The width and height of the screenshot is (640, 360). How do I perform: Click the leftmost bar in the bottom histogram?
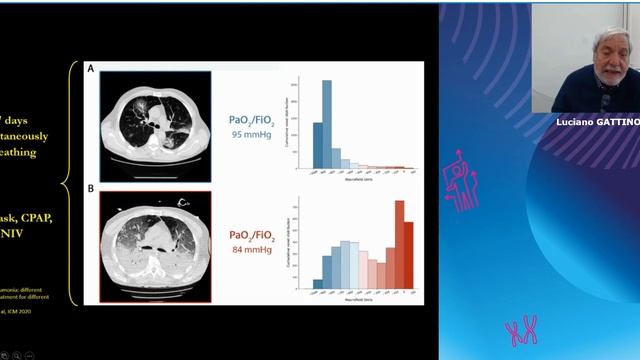318,283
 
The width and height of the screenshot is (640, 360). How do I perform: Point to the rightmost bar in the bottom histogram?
409,255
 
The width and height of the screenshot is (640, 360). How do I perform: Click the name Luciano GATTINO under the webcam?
597,121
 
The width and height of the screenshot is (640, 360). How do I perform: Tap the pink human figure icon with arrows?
465,180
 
